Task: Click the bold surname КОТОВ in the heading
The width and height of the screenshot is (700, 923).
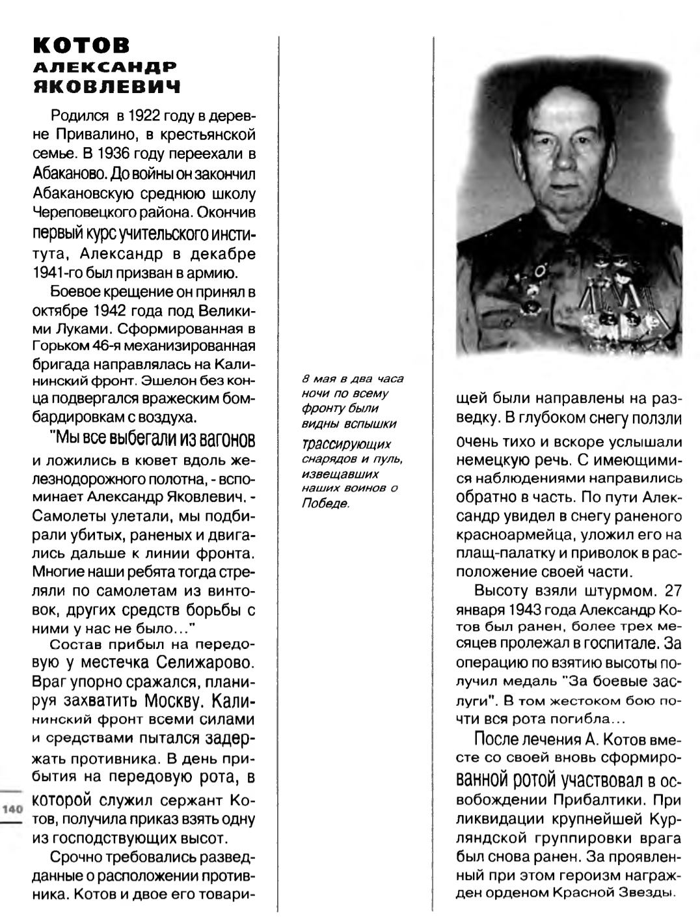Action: point(81,45)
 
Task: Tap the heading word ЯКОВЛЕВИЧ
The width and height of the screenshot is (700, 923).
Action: point(107,87)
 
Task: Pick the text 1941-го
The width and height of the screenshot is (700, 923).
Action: point(59,272)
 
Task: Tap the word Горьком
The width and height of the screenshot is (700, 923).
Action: point(62,345)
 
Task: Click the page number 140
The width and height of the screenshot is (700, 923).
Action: point(13,810)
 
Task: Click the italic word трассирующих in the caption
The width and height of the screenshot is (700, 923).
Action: point(346,445)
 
